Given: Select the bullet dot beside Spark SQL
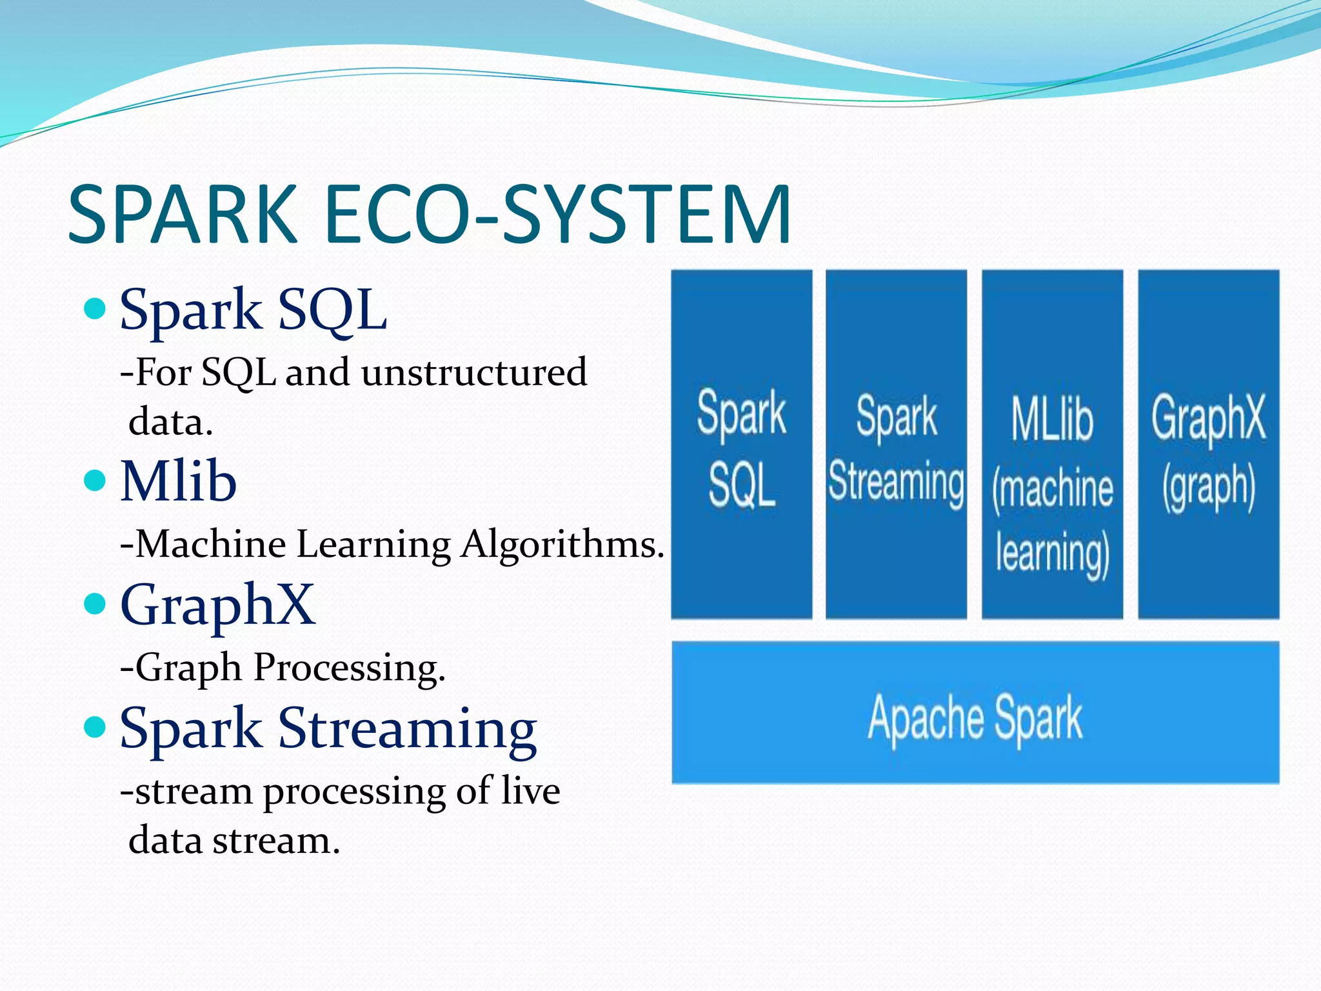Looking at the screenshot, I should [x=95, y=309].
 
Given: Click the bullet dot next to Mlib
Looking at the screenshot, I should [x=95, y=481].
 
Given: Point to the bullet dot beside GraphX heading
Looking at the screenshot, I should [x=95, y=604].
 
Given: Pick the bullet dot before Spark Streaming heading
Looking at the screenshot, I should [x=95, y=727].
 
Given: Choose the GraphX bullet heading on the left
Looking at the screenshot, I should [x=217, y=605].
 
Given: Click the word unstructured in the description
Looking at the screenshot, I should [x=474, y=373].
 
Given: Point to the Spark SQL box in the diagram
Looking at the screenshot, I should [x=741, y=444].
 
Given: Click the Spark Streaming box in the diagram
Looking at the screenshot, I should [x=896, y=444].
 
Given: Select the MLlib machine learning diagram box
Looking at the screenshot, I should [x=1052, y=444].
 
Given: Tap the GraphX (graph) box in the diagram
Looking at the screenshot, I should [x=1208, y=444].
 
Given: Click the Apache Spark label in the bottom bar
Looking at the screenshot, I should [x=975, y=717].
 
